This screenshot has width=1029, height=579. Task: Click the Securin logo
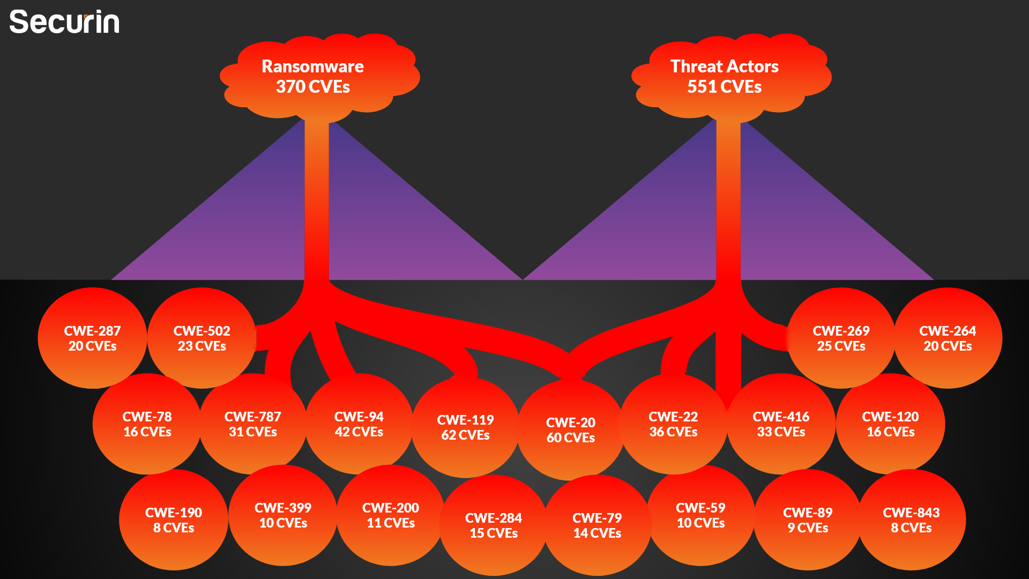64,23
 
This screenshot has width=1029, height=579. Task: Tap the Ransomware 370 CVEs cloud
313,76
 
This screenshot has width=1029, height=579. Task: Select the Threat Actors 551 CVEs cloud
725,76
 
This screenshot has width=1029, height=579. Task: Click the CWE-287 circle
92,338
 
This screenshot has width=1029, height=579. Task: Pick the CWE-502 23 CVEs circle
202,338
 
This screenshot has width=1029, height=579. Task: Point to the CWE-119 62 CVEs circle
465,427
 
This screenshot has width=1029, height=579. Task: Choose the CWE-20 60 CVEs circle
570,430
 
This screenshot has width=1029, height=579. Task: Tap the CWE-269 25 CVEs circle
841,338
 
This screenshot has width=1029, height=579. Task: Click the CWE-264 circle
948,338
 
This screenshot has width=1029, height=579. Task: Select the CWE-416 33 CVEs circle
781,424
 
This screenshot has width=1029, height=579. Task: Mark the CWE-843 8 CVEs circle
911,520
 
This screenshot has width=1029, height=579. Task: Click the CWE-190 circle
174,520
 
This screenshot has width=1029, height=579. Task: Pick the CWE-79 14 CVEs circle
597,525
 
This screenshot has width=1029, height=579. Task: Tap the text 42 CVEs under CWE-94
359,432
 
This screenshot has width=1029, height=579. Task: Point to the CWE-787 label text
252,417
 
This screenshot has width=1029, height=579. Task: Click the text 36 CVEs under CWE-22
673,432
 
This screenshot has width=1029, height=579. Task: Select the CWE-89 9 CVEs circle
808,520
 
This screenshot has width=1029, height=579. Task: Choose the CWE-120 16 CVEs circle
890,424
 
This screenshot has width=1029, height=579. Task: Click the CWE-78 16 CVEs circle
147,424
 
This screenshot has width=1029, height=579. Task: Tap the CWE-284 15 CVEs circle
494,525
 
